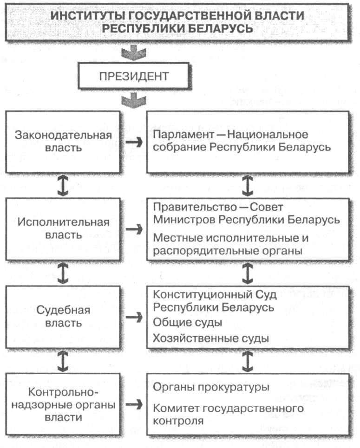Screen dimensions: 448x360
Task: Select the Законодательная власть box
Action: [63, 142]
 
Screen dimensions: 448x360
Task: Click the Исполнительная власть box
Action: [63, 228]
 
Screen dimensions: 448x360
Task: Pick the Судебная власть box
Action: [63, 316]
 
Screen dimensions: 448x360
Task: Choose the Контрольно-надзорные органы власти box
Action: [63, 404]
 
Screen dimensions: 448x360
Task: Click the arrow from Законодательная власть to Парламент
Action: [134, 142]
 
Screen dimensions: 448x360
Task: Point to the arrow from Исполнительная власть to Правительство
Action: [134, 228]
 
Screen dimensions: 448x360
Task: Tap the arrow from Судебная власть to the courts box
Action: [134, 317]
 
